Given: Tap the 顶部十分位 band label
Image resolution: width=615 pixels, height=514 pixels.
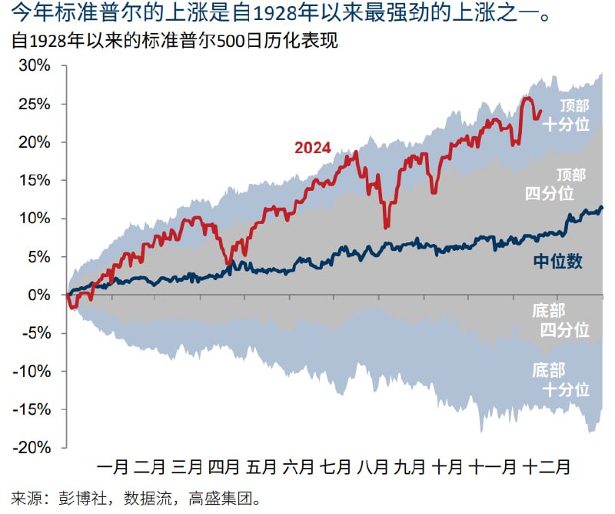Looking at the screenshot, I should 566,116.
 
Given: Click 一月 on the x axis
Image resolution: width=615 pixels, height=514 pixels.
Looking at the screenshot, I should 113,467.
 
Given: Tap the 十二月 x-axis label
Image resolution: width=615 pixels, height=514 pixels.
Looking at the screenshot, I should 547,467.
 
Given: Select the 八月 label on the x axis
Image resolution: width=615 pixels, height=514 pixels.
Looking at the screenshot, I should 373,467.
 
